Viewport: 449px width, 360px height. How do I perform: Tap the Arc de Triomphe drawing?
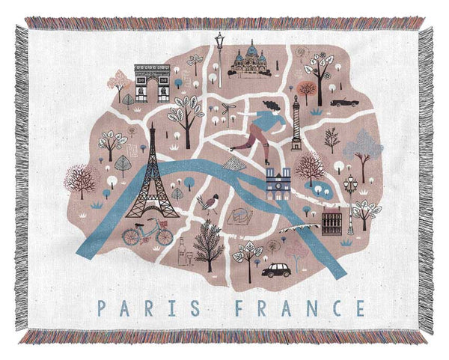(152, 82)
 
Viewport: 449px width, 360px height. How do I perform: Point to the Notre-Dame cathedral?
(278, 183)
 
